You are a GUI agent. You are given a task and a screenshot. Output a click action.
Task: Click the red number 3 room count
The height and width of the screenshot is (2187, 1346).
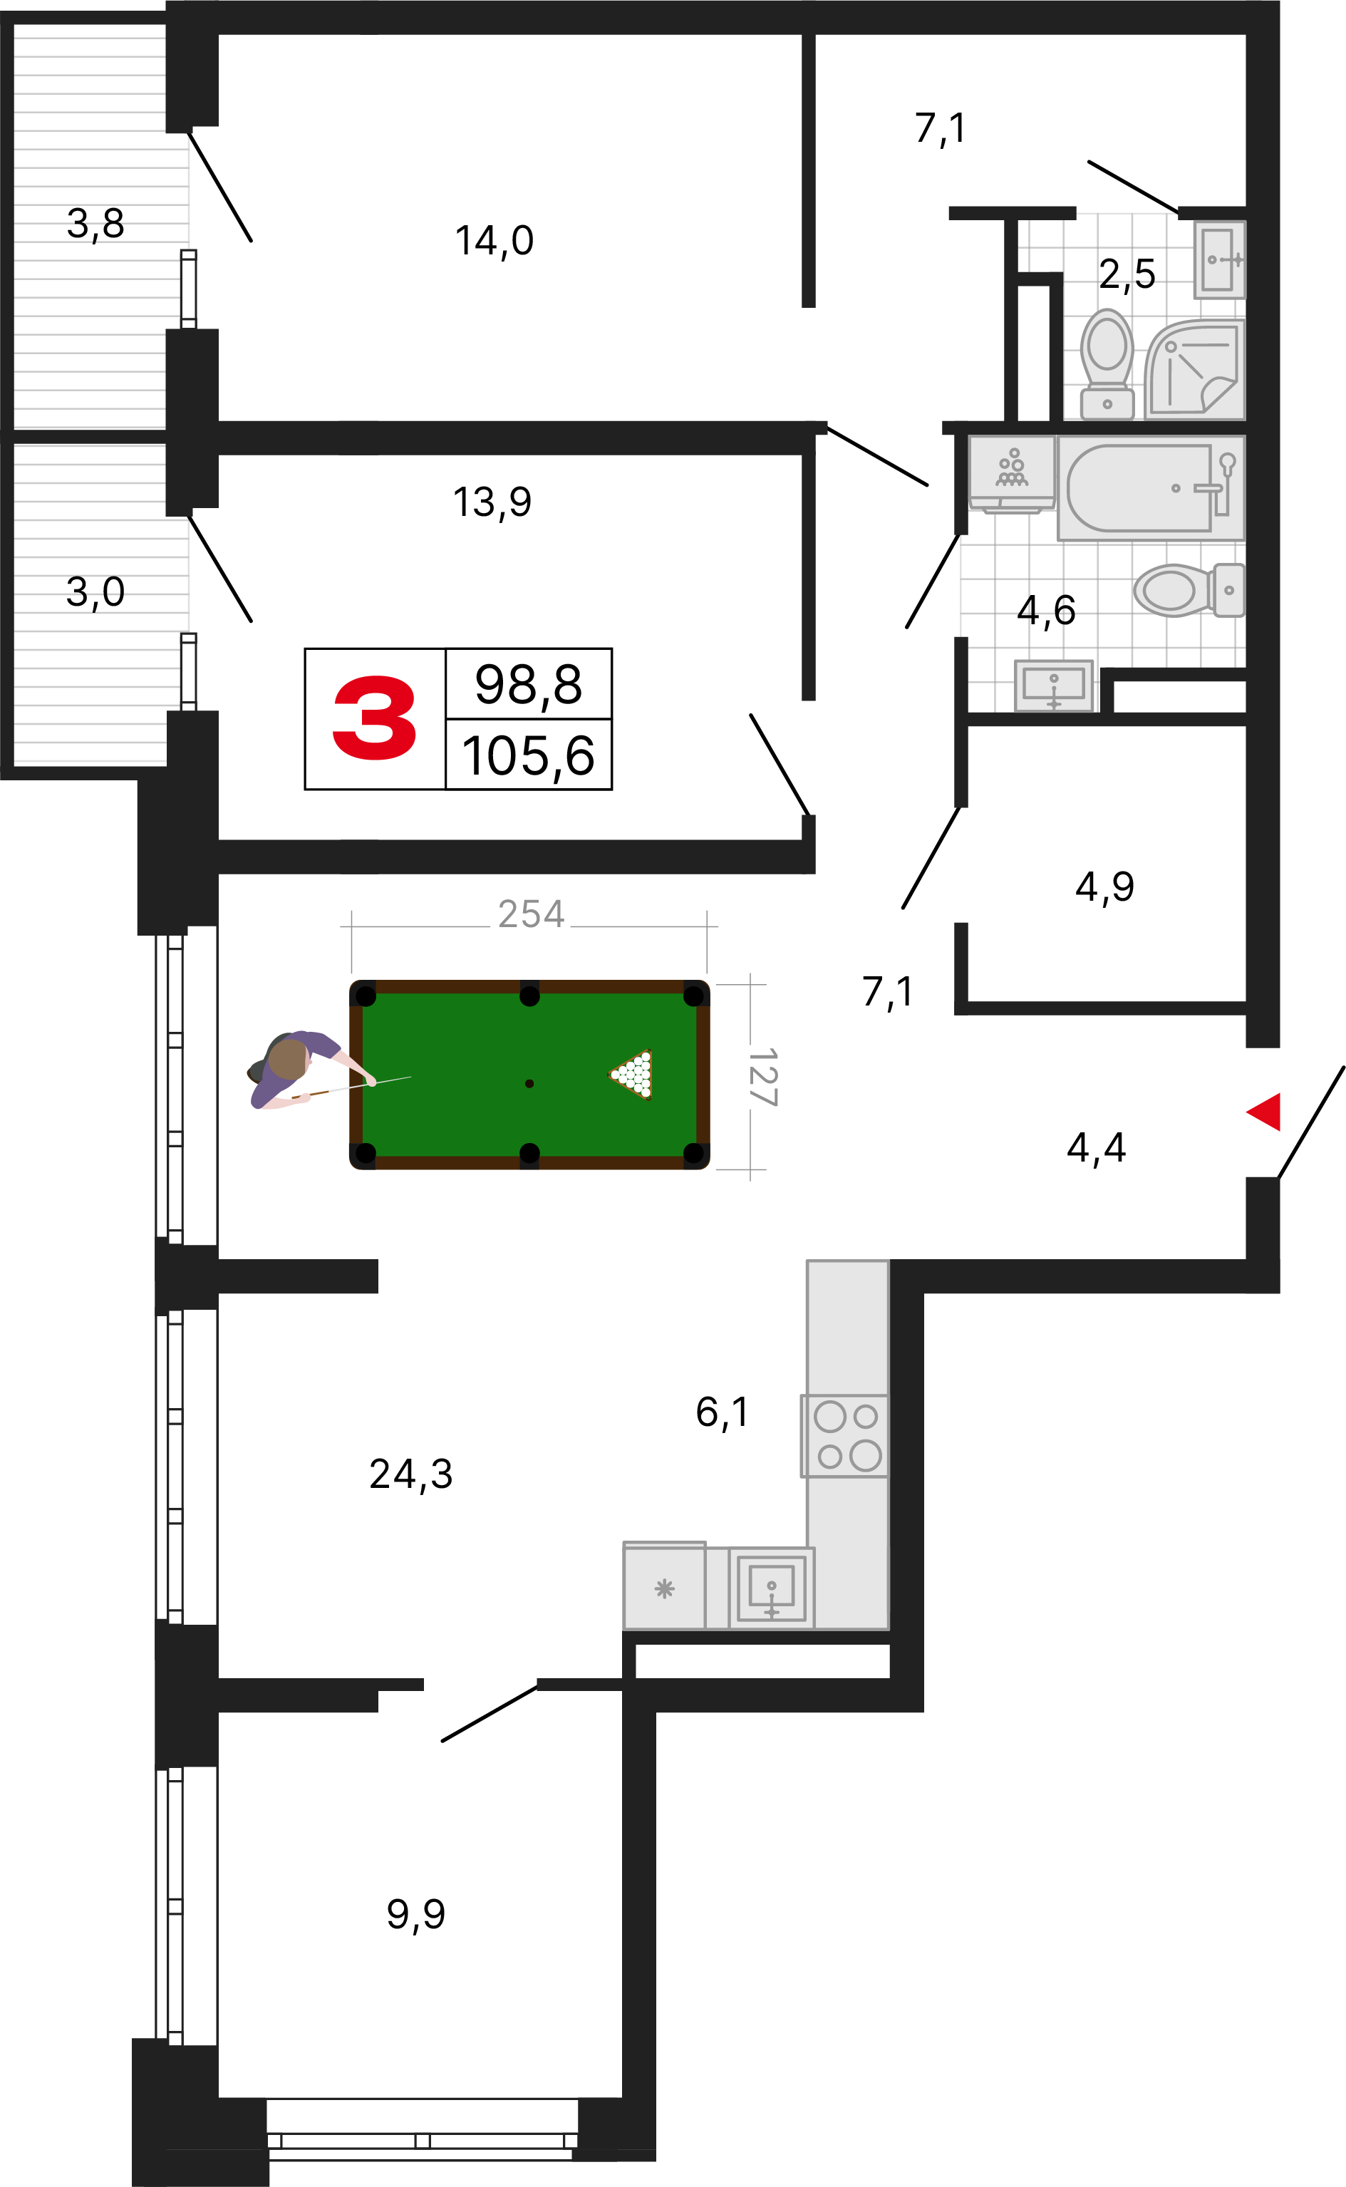[x=374, y=718]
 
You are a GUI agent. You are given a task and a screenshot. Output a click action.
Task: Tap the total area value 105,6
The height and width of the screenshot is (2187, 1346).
[x=528, y=757]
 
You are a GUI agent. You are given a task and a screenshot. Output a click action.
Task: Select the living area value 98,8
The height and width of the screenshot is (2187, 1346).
[x=528, y=685]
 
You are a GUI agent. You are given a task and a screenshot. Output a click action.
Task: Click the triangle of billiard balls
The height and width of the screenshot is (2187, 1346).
[x=632, y=1075]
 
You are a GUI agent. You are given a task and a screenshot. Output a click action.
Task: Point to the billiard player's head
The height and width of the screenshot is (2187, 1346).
[x=288, y=1059]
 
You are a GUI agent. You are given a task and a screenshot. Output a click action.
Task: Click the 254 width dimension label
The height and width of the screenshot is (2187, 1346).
[x=531, y=914]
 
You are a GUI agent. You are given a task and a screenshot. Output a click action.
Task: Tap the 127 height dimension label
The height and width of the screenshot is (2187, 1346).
[x=763, y=1077]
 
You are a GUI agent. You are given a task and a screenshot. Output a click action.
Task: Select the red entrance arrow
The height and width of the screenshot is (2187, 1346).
[x=1263, y=1112]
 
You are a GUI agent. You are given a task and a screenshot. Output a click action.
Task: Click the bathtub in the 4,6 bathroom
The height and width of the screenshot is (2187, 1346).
[x=1150, y=487]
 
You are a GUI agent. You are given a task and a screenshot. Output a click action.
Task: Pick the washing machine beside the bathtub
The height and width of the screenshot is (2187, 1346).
[x=1011, y=475]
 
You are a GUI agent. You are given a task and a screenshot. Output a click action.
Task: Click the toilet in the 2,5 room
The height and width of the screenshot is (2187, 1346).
[x=1107, y=364]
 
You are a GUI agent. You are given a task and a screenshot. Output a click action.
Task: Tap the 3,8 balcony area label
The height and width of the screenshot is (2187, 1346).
[x=95, y=224]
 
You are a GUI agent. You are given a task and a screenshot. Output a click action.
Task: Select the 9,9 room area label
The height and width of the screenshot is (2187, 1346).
[x=415, y=1915]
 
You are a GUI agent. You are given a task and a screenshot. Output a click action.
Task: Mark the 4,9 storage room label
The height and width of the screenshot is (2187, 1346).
[x=1104, y=887]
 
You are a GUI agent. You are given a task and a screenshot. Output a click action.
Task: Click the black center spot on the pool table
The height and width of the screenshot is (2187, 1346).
[x=529, y=1083]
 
